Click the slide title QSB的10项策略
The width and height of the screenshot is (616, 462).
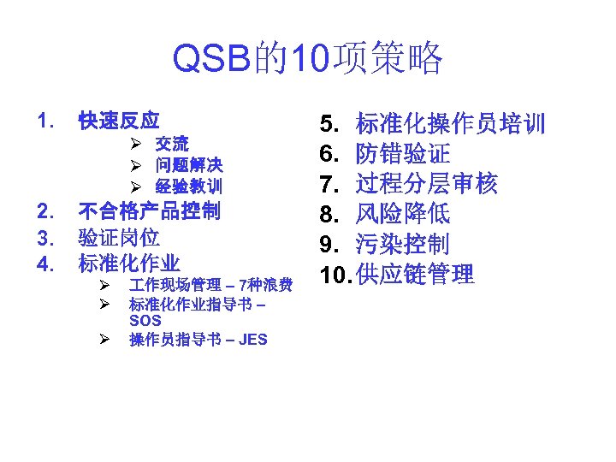308,59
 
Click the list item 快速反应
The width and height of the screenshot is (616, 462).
119,120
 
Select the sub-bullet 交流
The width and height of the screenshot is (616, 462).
172,144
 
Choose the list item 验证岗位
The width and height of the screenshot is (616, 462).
119,237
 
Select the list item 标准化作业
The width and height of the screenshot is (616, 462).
129,263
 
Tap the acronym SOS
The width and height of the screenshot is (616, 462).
145,321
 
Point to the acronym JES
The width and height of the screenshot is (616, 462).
253,340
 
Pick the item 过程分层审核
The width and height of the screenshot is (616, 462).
426,184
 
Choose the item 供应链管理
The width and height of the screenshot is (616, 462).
414,274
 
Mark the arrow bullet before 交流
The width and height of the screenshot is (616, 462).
135,144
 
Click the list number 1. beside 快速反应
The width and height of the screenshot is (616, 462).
45,120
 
